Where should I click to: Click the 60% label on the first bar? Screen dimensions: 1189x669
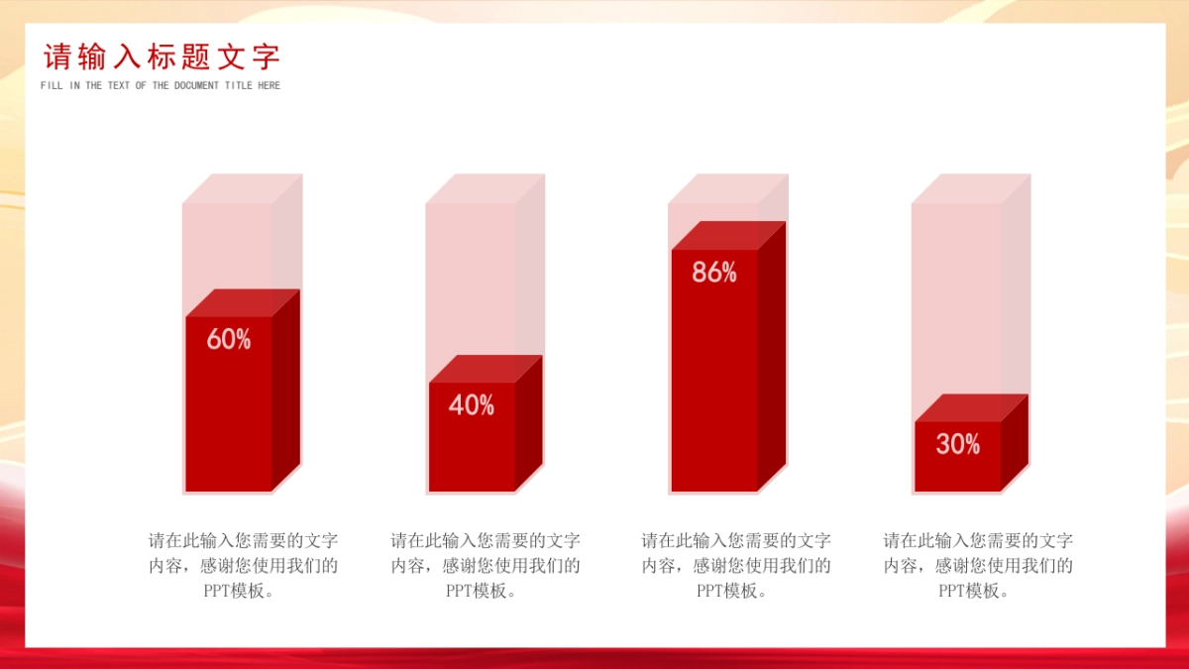pyautogui.click(x=229, y=339)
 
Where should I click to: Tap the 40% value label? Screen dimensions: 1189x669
pyautogui.click(x=472, y=404)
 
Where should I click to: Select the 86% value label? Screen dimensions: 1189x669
pyautogui.click(x=714, y=272)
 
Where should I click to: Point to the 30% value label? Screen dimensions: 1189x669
pyautogui.click(x=957, y=443)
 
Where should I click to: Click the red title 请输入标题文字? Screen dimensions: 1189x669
pyautogui.click(x=162, y=56)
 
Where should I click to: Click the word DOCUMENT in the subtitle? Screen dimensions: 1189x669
pyautogui.click(x=196, y=85)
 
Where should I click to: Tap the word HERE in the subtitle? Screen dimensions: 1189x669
pyautogui.click(x=270, y=85)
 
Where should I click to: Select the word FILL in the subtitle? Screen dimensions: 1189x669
pyautogui.click(x=52, y=85)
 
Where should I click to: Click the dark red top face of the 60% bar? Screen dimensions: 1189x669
pyautogui.click(x=243, y=303)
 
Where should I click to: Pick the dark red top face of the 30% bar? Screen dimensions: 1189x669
pyautogui.click(x=971, y=407)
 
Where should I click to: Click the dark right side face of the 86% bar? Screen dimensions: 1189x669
pyautogui.click(x=771, y=356)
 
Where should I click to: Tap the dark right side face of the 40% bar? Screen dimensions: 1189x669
pyautogui.click(x=529, y=423)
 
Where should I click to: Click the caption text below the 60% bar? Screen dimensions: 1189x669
pyautogui.click(x=243, y=566)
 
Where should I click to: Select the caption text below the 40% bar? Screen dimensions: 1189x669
pyautogui.click(x=486, y=566)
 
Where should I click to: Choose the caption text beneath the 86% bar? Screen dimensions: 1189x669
pyautogui.click(x=736, y=566)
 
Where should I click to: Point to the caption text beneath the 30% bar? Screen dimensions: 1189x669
pyautogui.click(x=978, y=566)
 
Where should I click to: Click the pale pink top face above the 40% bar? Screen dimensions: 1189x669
pyautogui.click(x=486, y=188)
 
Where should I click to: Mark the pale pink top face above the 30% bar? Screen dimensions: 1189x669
pyautogui.click(x=971, y=188)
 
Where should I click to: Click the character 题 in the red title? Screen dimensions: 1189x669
pyautogui.click(x=196, y=56)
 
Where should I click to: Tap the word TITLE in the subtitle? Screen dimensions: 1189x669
pyautogui.click(x=239, y=85)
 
